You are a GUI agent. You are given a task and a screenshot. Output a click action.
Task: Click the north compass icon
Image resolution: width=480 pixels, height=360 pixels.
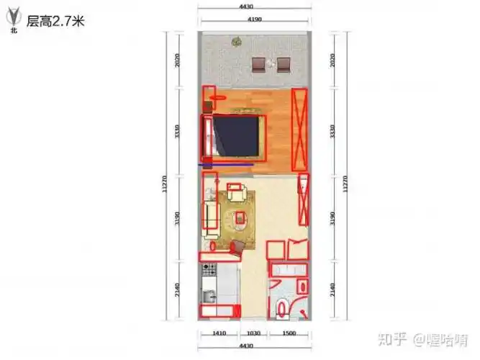(12, 22)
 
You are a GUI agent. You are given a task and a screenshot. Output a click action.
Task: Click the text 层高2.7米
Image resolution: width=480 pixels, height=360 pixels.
(55, 21)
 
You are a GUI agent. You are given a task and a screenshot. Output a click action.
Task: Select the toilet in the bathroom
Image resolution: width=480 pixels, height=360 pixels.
(282, 308)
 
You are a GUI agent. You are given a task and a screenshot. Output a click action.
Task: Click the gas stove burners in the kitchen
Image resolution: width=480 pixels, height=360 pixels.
(209, 269)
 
